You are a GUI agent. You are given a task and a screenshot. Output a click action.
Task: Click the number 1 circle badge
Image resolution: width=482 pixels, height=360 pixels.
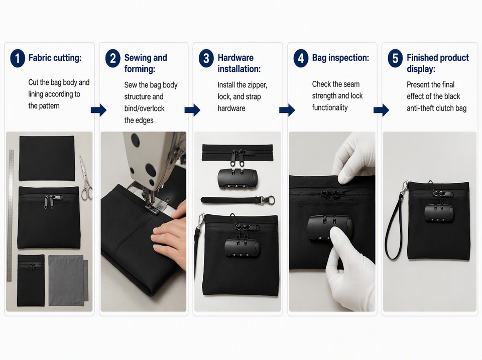tap(18, 58)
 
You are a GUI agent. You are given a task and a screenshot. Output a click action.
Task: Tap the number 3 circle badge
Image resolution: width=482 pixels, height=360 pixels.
tap(206, 58)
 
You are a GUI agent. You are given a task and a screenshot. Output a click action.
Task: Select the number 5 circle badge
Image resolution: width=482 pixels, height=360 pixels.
tap(395, 58)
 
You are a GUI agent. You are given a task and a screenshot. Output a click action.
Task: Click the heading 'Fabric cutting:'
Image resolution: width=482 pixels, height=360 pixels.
tap(55, 57)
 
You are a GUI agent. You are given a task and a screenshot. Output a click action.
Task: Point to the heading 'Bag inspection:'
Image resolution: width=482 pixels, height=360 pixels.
tap(340, 57)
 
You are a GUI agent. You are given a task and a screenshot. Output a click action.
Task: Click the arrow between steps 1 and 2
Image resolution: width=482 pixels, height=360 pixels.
tap(99, 110)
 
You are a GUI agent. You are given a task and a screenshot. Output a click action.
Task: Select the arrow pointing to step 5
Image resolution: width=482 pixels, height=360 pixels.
tap(381, 110)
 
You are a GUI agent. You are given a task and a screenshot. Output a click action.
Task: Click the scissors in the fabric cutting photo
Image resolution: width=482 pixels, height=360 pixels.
tap(86, 178)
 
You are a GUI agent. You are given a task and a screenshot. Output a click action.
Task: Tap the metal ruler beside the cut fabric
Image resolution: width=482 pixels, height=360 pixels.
tap(10, 215)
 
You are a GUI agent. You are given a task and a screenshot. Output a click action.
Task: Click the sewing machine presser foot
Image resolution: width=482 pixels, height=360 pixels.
tap(153, 208)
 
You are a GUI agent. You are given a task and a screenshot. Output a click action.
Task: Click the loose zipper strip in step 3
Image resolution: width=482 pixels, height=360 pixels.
tap(237, 152)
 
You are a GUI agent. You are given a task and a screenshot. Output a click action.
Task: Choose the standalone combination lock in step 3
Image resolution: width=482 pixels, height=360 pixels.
tap(237, 178)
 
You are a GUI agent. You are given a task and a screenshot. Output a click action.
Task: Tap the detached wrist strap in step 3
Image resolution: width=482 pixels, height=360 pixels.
tap(237, 200)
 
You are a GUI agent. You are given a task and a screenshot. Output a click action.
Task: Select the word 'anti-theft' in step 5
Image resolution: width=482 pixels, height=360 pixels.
tap(422, 108)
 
